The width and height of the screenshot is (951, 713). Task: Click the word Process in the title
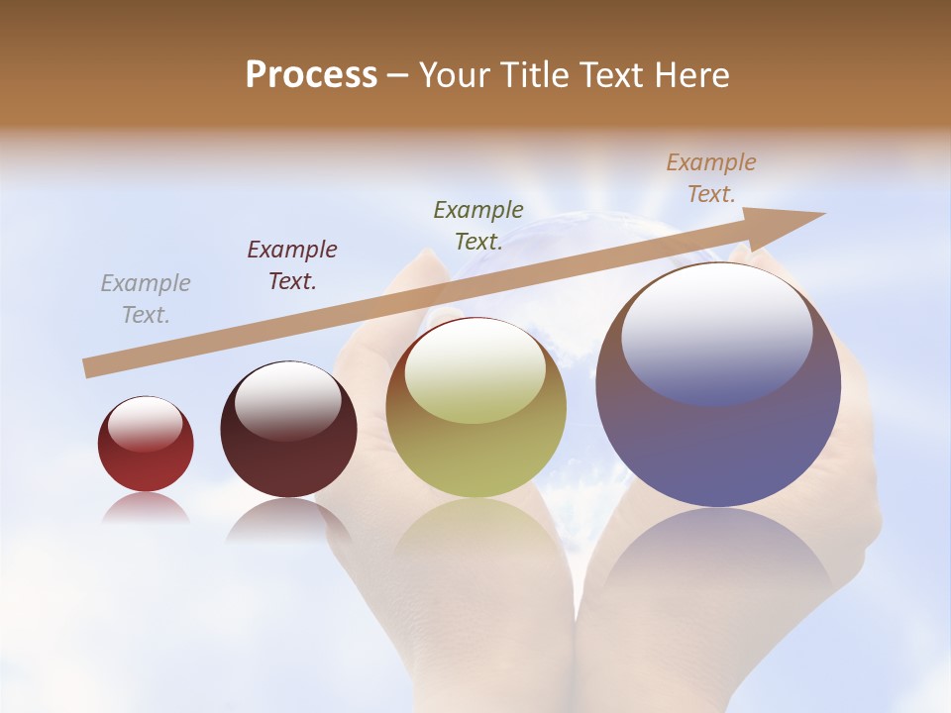tap(311, 75)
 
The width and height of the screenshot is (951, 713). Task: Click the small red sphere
tap(146, 444)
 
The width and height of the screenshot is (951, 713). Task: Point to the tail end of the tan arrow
tap(87, 368)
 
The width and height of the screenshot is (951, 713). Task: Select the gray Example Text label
tap(146, 299)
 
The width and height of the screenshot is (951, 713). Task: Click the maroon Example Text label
tap(292, 265)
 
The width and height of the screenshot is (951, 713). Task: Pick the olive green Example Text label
tap(478, 226)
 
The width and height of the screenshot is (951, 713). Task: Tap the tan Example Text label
tap(711, 178)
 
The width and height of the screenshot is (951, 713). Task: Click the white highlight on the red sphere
tap(145, 424)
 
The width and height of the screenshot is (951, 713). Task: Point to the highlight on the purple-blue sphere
tap(716, 333)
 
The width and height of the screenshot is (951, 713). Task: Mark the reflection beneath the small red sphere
tap(146, 508)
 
